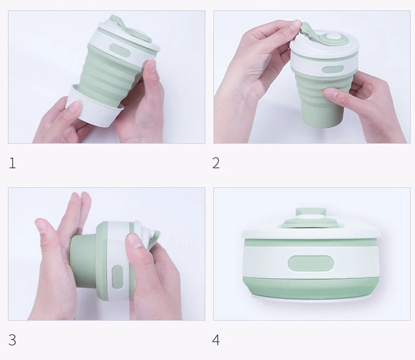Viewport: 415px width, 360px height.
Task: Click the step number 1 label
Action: [x=13, y=163]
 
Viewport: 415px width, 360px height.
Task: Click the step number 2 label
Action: [x=216, y=163]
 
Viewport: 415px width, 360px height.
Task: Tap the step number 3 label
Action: [x=13, y=340]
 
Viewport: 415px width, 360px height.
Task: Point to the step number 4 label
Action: [x=216, y=340]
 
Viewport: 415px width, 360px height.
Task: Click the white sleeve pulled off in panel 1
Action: [x=94, y=106]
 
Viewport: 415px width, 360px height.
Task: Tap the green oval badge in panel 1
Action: [x=120, y=51]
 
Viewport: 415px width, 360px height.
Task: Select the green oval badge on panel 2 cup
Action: [x=333, y=70]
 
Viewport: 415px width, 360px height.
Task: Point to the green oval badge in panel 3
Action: [x=118, y=277]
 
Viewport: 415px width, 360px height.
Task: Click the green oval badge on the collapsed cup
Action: [x=310, y=263]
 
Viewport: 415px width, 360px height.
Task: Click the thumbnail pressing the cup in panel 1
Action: [x=151, y=66]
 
